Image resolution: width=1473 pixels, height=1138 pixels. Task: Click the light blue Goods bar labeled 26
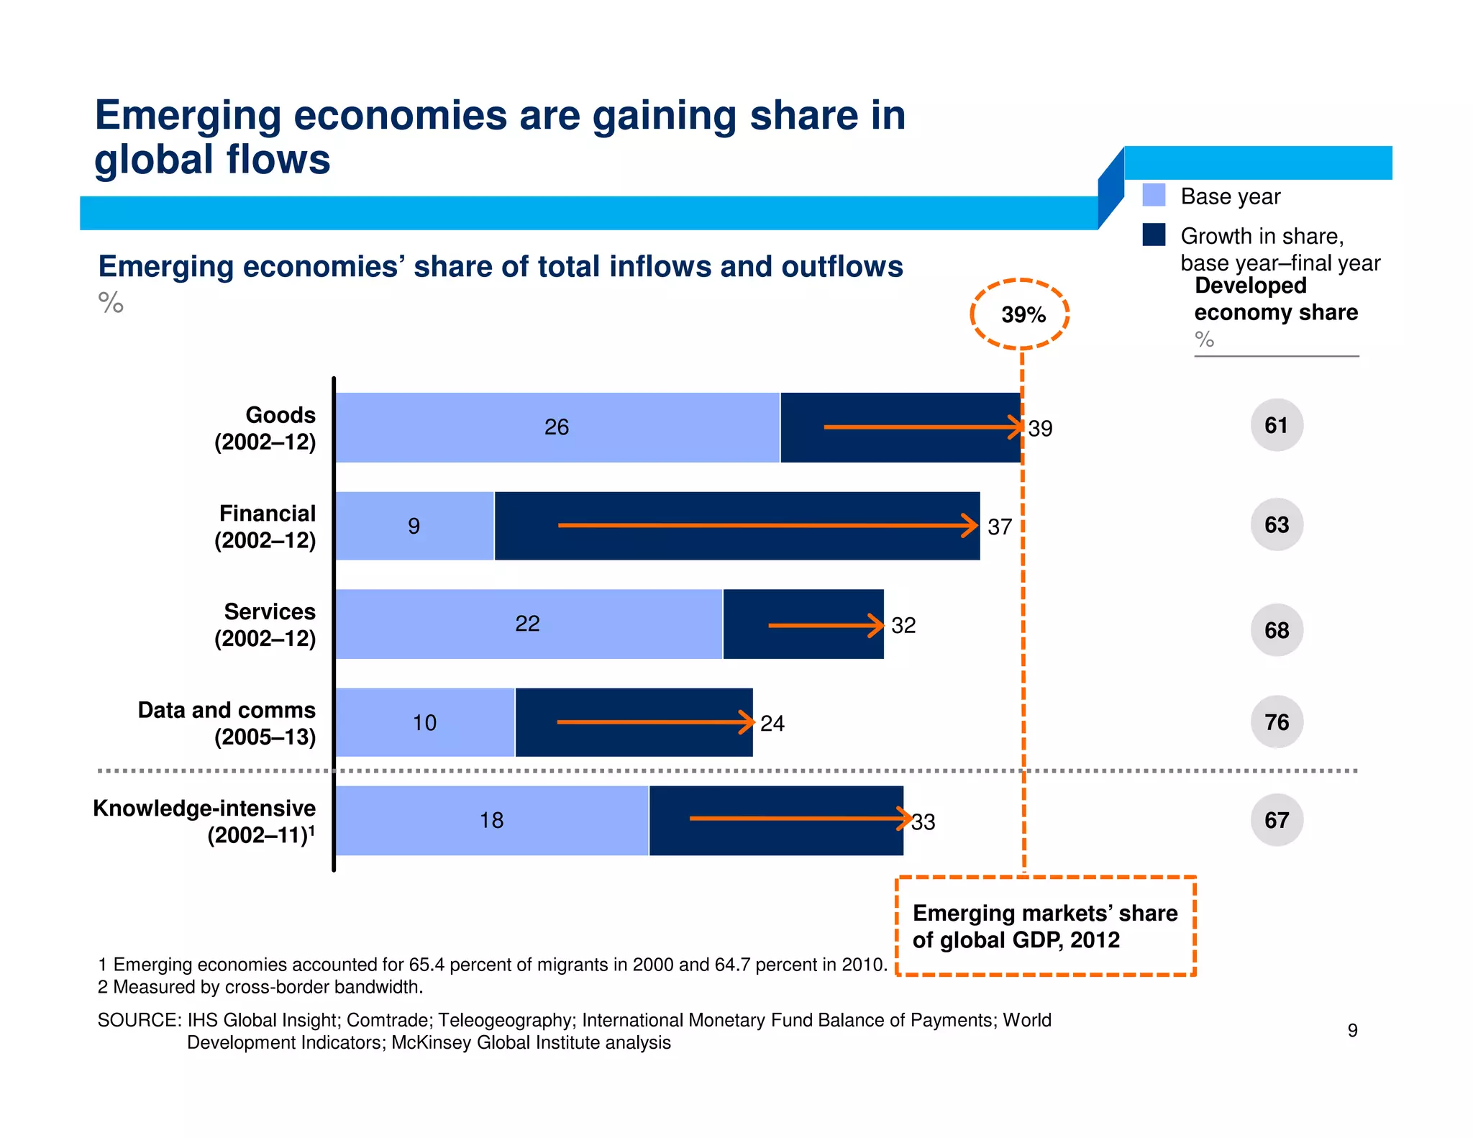pyautogui.click(x=557, y=427)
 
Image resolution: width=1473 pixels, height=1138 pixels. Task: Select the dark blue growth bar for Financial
pyautogui.click(x=737, y=526)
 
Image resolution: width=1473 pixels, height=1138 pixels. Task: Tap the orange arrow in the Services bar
pyautogui.click(x=826, y=625)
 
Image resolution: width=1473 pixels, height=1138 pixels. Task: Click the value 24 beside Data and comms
pyautogui.click(x=772, y=723)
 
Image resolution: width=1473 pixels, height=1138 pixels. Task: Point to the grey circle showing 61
pyautogui.click(x=1277, y=425)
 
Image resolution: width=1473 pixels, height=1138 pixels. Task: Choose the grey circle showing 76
pyautogui.click(x=1277, y=722)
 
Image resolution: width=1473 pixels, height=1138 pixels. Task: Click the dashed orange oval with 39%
pyautogui.click(x=1020, y=314)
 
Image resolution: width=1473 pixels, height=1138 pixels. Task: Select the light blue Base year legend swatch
pyautogui.click(x=1154, y=196)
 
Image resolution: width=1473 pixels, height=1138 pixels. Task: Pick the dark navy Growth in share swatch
pyautogui.click(x=1154, y=235)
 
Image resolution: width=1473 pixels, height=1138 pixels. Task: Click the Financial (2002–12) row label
pyautogui.click(x=265, y=527)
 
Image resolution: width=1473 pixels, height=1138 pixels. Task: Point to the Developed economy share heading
pyautogui.click(x=1275, y=299)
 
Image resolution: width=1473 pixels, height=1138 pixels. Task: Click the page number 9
pyautogui.click(x=1352, y=1030)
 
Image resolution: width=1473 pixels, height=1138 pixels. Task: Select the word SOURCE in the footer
pyautogui.click(x=138, y=1020)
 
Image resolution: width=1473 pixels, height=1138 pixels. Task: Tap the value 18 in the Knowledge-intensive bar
pyautogui.click(x=491, y=820)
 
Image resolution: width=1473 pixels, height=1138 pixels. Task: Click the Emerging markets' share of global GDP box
pyautogui.click(x=1045, y=926)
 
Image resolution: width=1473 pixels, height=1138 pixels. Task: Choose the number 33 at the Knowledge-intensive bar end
pyautogui.click(x=924, y=821)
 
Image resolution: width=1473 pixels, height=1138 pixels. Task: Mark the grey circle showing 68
pyautogui.click(x=1277, y=630)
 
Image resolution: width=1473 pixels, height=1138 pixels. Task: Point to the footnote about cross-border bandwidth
pyautogui.click(x=260, y=987)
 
